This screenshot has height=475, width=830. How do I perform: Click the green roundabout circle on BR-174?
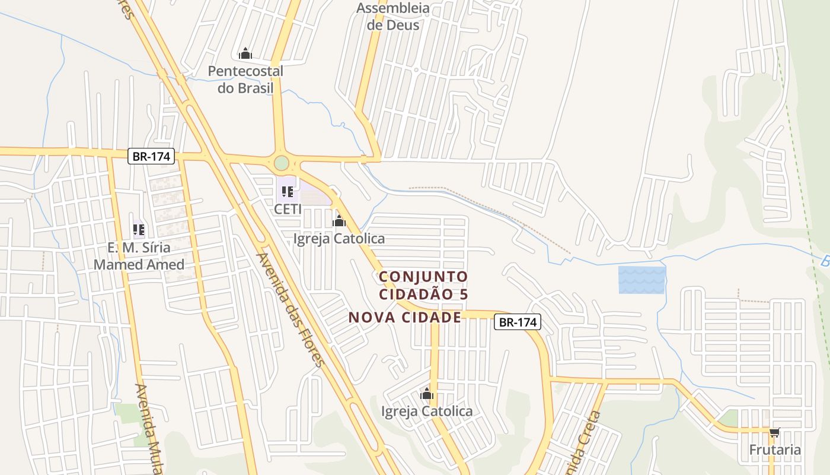[x=282, y=162]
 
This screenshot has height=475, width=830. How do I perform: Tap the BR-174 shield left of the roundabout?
[x=152, y=157]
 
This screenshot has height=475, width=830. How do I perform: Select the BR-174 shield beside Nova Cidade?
[x=518, y=322]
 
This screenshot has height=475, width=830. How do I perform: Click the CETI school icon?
[x=288, y=192]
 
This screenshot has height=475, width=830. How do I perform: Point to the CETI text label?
[x=288, y=209]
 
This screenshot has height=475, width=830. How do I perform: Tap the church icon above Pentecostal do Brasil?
[x=245, y=54]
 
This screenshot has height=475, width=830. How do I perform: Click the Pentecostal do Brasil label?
[x=245, y=80]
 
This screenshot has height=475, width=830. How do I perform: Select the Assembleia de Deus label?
[x=393, y=17]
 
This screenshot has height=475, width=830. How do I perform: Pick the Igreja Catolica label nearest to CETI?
[x=339, y=239]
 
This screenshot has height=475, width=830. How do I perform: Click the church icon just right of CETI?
[x=339, y=221]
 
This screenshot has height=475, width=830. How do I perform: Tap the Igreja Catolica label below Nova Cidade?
[x=427, y=411]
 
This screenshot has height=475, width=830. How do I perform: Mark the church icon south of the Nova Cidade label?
[x=427, y=394]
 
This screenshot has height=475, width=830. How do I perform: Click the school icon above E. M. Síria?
[x=139, y=230]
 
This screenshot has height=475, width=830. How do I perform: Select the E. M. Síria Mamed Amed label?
[x=139, y=256]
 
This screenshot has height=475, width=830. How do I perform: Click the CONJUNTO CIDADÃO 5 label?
[x=423, y=285]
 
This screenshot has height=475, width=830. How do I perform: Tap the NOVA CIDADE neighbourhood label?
[x=405, y=317]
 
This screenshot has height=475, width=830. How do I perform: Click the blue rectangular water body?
[x=642, y=280]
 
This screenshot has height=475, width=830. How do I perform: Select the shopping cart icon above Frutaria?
[x=774, y=433]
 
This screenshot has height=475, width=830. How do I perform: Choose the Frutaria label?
[x=775, y=449]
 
